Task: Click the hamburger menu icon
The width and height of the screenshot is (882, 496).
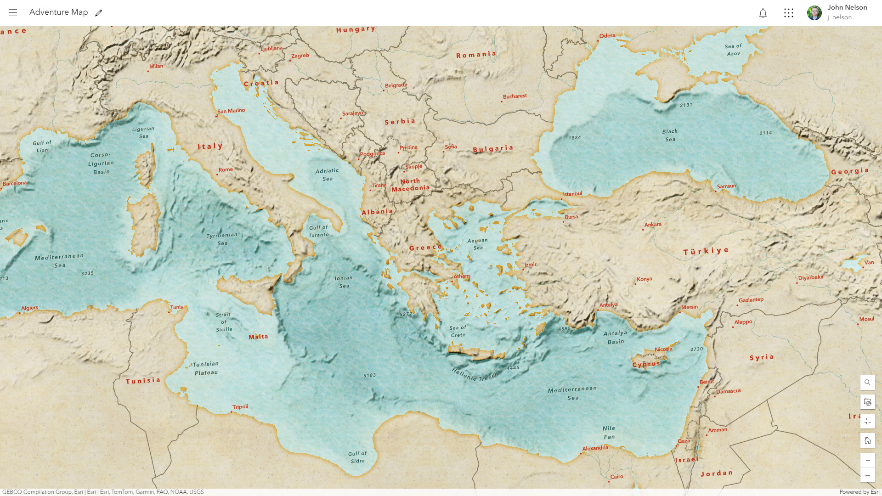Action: coord(13,13)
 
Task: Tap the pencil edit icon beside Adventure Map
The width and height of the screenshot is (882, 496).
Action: coord(98,13)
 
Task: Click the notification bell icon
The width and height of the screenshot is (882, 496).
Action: coord(763,13)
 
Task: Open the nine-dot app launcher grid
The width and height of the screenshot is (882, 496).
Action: coord(789,13)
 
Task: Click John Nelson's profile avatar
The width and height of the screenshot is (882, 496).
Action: coord(814,13)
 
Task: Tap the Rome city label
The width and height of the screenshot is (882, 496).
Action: coord(226,169)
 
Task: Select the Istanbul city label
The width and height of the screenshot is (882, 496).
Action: coord(572,194)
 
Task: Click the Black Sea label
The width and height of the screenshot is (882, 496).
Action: coord(670,135)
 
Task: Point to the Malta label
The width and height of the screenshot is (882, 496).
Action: coord(258,337)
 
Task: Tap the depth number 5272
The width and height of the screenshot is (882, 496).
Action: coord(406,314)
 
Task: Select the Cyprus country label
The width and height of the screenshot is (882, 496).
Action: coord(646,364)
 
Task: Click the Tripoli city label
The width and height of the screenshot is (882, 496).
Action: coord(240,406)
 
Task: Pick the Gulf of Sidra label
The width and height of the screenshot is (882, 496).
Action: coord(357,457)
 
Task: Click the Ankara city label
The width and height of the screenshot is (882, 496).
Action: coord(653,225)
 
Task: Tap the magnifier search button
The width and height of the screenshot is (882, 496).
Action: coord(867,382)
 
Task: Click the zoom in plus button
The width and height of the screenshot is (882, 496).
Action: coord(867,460)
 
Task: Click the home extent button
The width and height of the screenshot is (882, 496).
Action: coord(867,440)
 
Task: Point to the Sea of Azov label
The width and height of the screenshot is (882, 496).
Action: coord(733,50)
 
